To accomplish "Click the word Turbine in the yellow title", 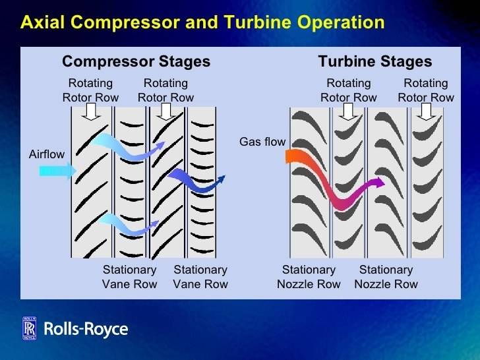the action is click(258, 22).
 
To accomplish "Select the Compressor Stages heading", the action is click(136, 61).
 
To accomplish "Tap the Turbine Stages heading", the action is click(375, 61).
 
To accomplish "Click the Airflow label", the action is click(47, 154).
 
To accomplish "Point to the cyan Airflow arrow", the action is click(58, 171).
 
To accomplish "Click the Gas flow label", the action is click(262, 142).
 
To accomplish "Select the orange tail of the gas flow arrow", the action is click(294, 156).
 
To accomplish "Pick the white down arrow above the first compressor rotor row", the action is click(91, 111).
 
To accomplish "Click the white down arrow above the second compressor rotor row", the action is click(166, 111).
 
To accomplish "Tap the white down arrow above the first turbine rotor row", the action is click(348, 111).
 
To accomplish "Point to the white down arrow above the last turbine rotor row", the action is click(426, 111).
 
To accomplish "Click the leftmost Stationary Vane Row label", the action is click(129, 277).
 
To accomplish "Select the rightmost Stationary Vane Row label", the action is click(200, 277).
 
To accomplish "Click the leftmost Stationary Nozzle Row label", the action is click(309, 277).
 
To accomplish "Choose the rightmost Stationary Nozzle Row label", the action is click(386, 277).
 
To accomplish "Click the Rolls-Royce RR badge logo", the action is click(30, 328).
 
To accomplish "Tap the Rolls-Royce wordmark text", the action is click(86, 329).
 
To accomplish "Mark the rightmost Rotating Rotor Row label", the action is click(426, 90).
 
